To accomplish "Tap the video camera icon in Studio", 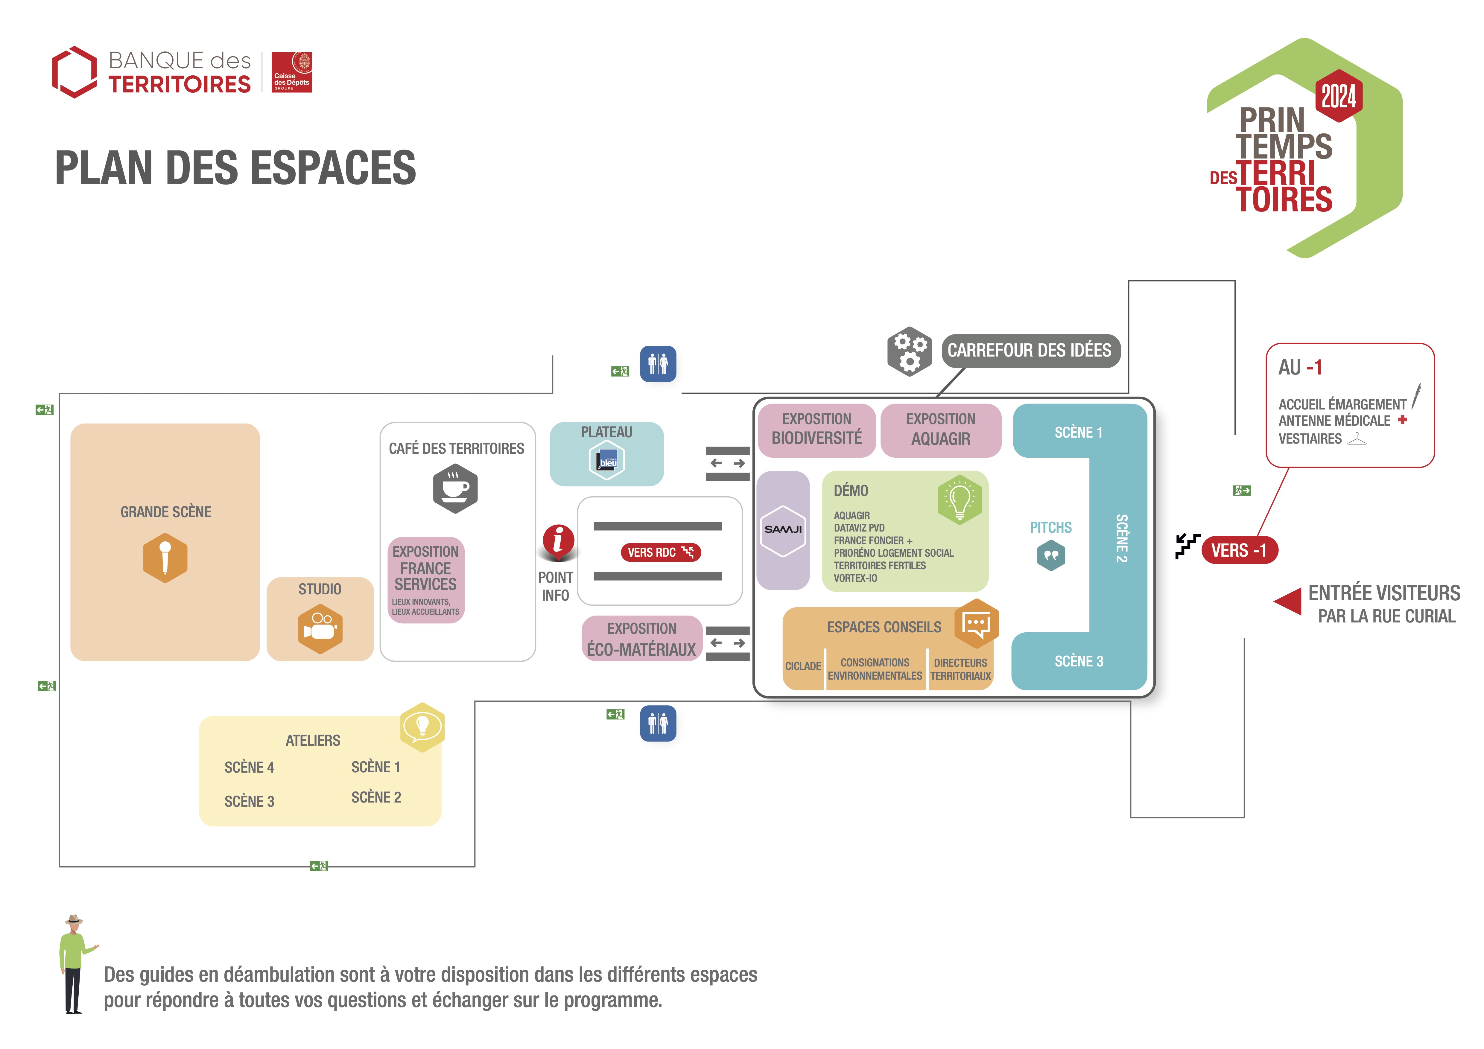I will coord(320,628).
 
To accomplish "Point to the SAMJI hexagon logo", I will coord(783,530).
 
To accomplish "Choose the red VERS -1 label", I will coord(1239,551).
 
